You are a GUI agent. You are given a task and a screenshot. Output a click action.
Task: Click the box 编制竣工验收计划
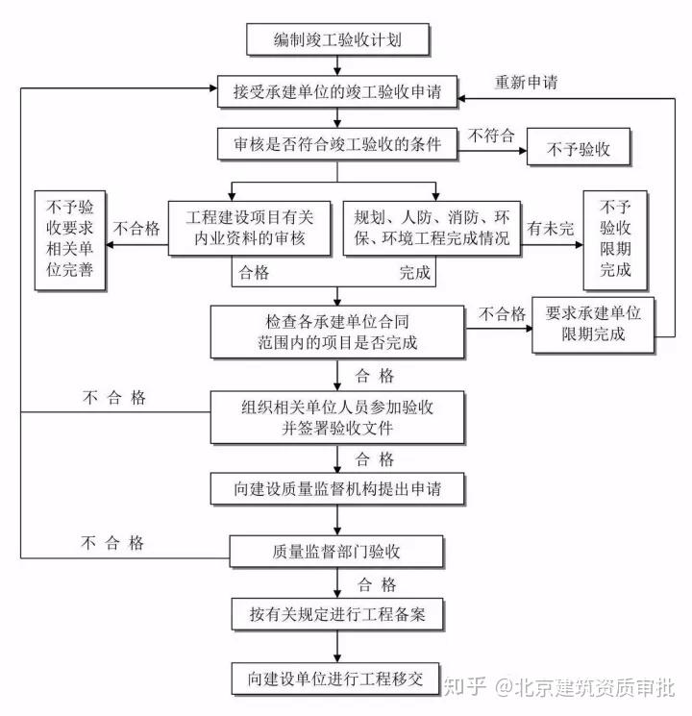point(337,40)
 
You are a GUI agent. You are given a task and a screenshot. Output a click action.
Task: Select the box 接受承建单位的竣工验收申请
point(337,92)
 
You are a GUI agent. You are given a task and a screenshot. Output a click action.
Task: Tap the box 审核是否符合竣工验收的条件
point(337,145)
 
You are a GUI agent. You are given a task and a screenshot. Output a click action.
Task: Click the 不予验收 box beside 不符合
point(580,149)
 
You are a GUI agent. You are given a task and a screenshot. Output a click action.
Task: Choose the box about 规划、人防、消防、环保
point(432,228)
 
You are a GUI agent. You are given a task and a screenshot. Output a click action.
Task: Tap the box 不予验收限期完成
point(615,239)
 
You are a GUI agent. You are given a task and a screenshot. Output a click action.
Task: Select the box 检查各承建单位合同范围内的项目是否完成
point(338,331)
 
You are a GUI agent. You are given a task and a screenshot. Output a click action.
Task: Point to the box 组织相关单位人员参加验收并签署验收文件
point(337,417)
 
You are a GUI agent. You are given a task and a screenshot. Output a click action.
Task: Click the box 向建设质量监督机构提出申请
point(337,488)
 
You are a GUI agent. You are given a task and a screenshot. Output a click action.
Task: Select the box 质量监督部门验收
point(337,551)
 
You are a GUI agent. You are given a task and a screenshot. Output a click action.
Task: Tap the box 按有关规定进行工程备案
point(337,612)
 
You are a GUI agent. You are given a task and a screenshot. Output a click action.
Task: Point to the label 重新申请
point(526,82)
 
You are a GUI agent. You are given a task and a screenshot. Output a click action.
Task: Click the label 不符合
point(491,136)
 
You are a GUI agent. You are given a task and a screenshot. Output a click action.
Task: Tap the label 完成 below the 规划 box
point(417,274)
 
